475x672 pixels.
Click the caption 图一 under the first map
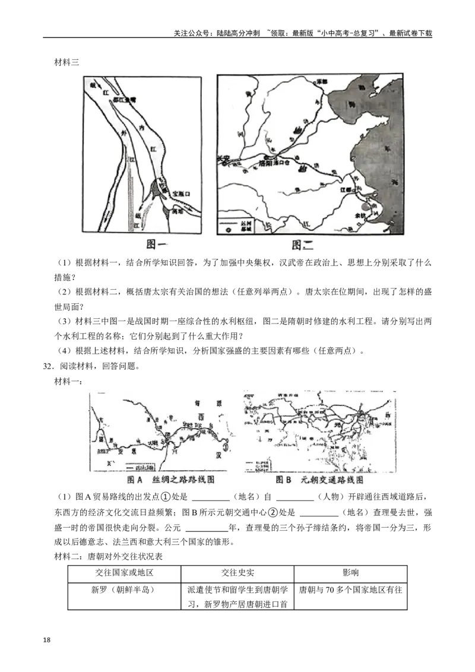[x=155, y=245]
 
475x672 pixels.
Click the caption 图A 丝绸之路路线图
[x=170, y=480]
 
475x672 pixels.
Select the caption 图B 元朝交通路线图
[x=319, y=480]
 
